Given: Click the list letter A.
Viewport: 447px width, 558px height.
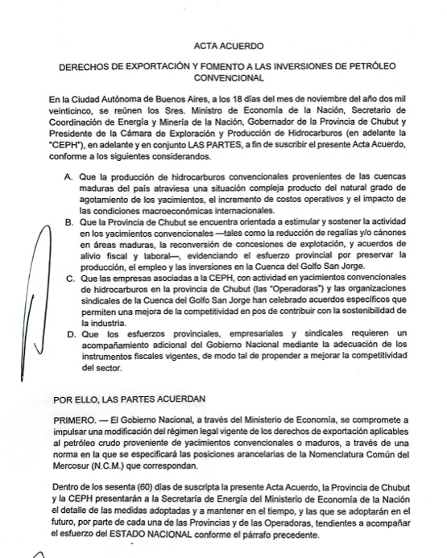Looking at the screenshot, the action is (68, 176).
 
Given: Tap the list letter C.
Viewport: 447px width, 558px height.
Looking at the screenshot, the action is (68, 278).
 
